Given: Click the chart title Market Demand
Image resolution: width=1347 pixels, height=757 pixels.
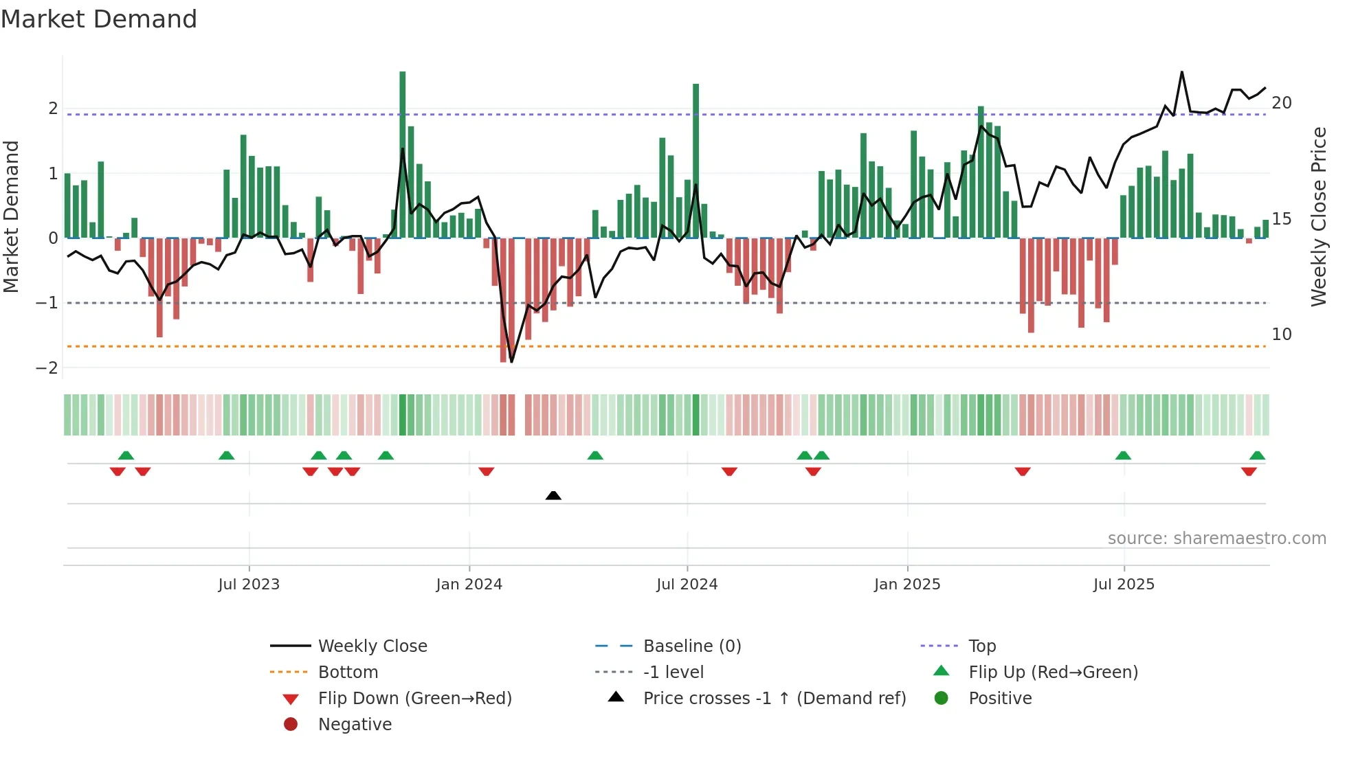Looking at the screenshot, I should click(x=99, y=19).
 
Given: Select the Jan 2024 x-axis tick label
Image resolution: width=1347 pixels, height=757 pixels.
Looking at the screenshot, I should click(x=469, y=585).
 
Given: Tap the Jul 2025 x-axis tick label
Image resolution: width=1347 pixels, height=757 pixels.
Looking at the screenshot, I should click(x=1124, y=585).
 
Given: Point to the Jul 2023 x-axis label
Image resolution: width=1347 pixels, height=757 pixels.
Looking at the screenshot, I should click(x=249, y=585).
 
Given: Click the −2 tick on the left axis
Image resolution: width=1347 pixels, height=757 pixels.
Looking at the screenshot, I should click(x=47, y=368).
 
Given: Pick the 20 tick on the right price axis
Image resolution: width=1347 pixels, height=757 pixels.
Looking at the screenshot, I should click(x=1281, y=103).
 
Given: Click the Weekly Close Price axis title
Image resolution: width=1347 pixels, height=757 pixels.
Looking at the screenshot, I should click(x=1318, y=216).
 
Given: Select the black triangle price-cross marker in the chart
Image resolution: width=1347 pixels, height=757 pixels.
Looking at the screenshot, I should click(x=553, y=495).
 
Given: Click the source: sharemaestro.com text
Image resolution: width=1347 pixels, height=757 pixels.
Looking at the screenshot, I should click(x=1216, y=539).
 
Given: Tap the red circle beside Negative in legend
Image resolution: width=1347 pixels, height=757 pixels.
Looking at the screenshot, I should click(x=291, y=725).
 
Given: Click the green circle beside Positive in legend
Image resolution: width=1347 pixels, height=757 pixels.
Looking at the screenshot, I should click(x=942, y=699).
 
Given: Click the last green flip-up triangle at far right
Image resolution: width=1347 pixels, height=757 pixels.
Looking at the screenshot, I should click(x=1257, y=455).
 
